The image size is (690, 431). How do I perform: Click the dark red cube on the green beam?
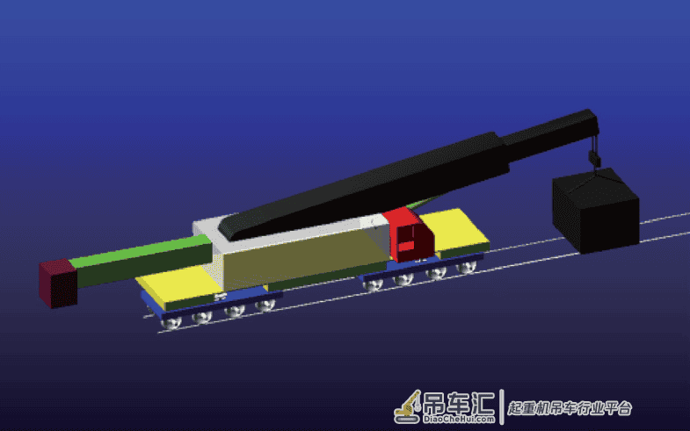[x=58, y=284]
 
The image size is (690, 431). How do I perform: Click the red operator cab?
[x=409, y=236]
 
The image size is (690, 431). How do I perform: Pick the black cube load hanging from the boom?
[x=595, y=211]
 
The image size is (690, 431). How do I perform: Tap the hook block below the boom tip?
[x=594, y=157]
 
